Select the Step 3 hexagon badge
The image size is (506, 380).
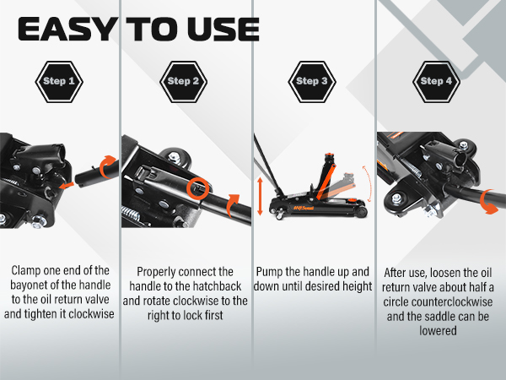coord(313,82)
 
